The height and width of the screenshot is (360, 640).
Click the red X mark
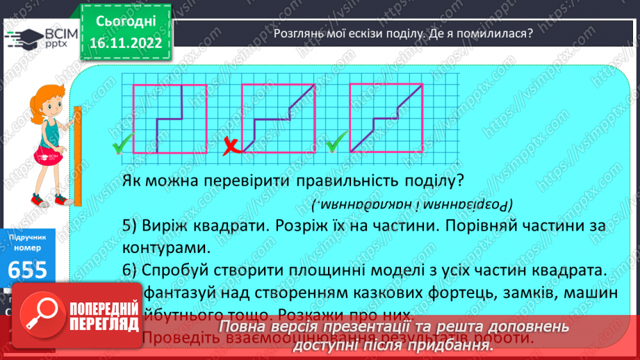[231, 146]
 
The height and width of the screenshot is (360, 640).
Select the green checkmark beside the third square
[336, 144]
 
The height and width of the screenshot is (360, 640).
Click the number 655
[29, 270]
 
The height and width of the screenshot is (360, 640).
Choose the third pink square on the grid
[386, 118]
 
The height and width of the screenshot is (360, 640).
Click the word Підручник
[28, 237]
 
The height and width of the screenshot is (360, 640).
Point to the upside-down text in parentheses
[410, 204]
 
